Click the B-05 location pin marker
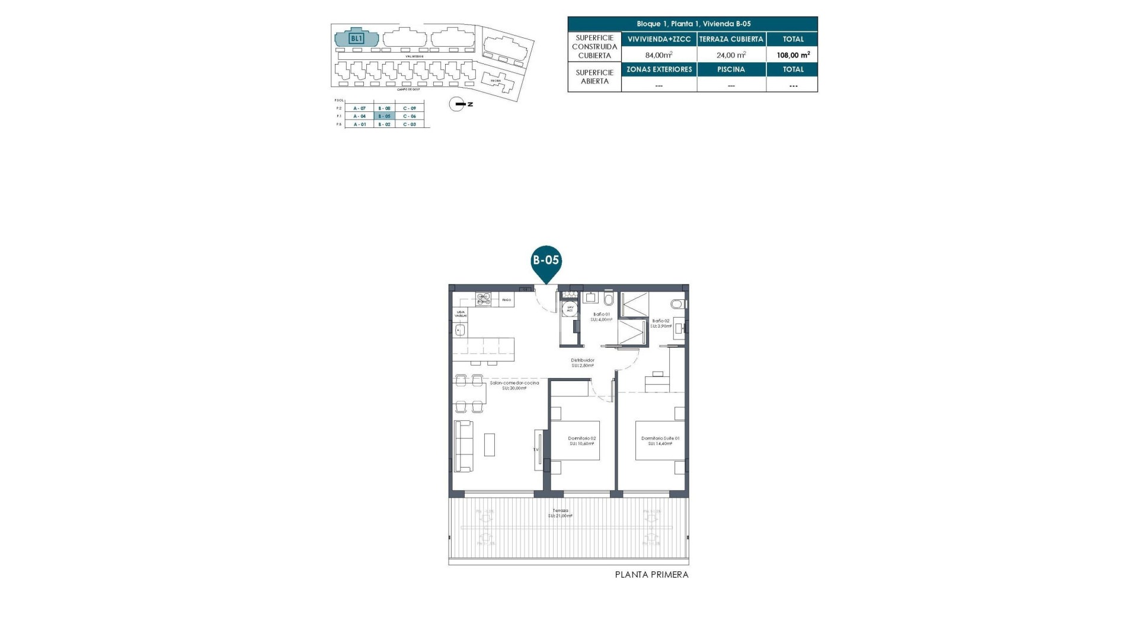(x=545, y=261)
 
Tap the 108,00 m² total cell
(x=792, y=55)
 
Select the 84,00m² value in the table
(x=658, y=55)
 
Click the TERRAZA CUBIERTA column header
(x=731, y=39)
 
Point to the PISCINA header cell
(x=731, y=69)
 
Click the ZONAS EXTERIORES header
(x=659, y=69)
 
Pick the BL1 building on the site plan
(x=356, y=39)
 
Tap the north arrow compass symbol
(x=457, y=104)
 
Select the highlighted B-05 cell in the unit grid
(x=384, y=116)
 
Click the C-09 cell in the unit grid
(x=410, y=108)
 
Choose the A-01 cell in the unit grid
(x=359, y=124)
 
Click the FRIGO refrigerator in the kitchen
(x=506, y=300)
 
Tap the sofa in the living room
(x=463, y=446)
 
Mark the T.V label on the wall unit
(x=536, y=450)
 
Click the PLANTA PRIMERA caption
(x=651, y=575)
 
